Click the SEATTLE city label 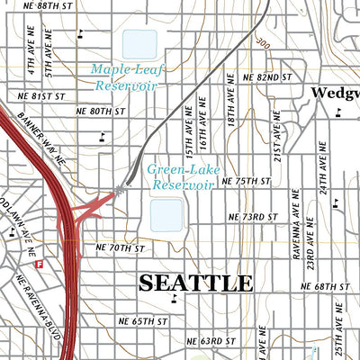(x=195, y=283)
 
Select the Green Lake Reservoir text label (x=181, y=175)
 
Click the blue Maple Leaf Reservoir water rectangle (x=139, y=43)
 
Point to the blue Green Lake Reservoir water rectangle (x=166, y=214)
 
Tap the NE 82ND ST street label (x=267, y=77)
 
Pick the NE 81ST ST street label (x=42, y=94)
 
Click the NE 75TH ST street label (x=247, y=181)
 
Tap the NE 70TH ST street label (x=120, y=247)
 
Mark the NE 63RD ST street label (x=210, y=341)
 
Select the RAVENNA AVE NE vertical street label (x=294, y=220)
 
